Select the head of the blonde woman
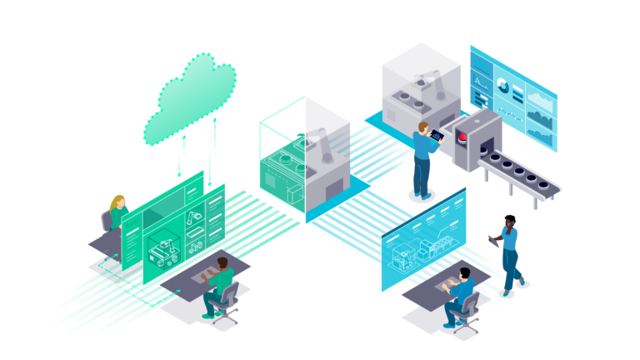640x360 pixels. click(118, 202)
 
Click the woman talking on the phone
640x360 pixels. click(508, 253)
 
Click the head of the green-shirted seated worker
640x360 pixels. click(222, 264)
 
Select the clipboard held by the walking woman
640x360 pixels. click(491, 241)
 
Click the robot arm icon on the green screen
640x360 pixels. click(194, 220)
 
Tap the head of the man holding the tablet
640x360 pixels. click(424, 128)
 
